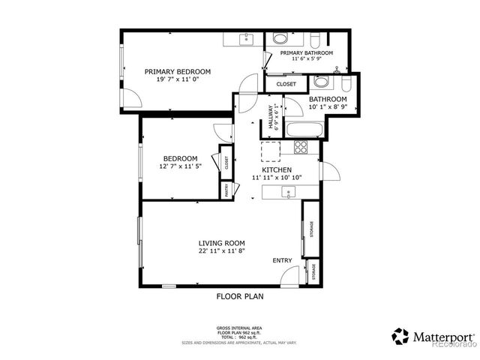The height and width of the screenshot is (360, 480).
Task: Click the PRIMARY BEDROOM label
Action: (x=178, y=71)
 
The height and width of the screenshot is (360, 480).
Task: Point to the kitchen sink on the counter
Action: (x=287, y=193)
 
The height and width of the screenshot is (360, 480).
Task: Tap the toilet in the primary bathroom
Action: (x=313, y=40)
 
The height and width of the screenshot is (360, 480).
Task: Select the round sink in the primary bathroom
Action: (x=279, y=40)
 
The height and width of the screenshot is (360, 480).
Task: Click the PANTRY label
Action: (x=224, y=191)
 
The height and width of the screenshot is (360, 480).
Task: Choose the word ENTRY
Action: (x=282, y=260)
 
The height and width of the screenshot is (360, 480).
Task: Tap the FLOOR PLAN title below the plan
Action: (x=239, y=296)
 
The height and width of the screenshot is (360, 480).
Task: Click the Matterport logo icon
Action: (x=400, y=334)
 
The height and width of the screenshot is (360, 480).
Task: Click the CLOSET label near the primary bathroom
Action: (x=286, y=84)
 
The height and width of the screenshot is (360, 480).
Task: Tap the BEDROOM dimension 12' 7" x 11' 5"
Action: (x=180, y=166)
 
